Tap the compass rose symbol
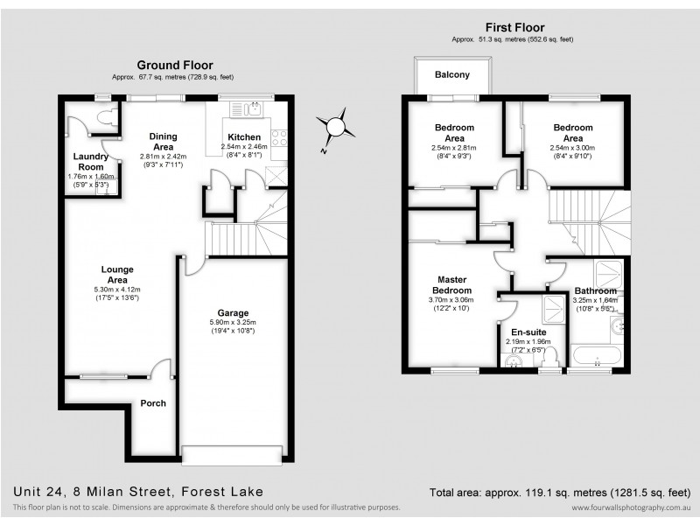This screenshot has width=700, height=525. [x=335, y=127]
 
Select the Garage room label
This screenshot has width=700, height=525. [x=234, y=312]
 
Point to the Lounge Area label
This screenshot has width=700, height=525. [x=116, y=273]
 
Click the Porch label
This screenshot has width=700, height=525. [x=153, y=403]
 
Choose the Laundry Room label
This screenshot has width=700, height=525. [x=90, y=162]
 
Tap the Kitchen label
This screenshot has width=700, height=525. [x=243, y=137]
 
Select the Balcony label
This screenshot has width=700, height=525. [x=452, y=74]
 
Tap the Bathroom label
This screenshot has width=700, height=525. [x=595, y=290]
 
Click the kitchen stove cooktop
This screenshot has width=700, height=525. [x=281, y=136]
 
